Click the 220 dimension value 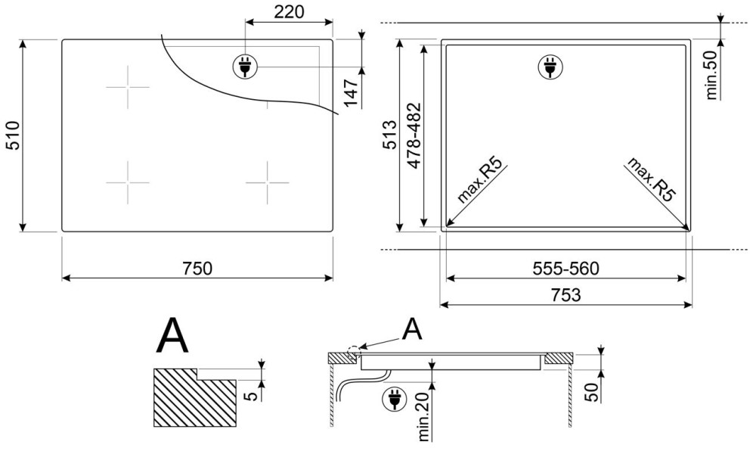pos(289,12)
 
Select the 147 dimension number pos(351,92)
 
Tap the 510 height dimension pos(12,135)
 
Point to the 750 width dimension pos(197,268)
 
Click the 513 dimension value pos(389,135)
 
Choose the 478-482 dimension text pos(414,135)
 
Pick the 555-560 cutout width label pos(565,268)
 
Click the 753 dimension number pos(565,294)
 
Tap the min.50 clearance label pos(711,75)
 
